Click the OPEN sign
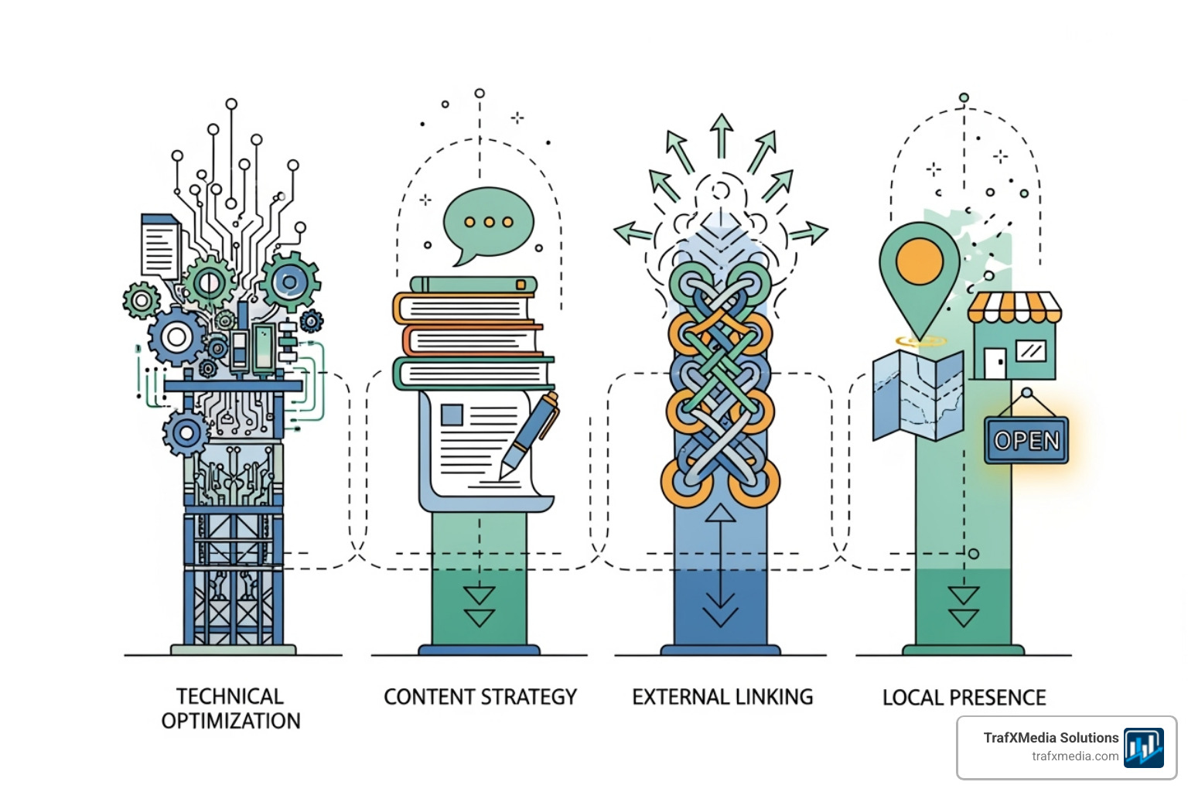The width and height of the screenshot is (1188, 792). (1026, 441)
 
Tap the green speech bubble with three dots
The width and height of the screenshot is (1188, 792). (488, 222)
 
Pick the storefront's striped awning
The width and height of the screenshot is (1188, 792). (1014, 307)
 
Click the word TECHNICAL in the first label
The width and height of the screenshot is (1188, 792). (230, 696)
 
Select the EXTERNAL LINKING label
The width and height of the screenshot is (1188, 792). (722, 697)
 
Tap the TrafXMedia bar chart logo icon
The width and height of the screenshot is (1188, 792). (1143, 748)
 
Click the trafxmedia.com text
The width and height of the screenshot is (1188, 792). (1075, 756)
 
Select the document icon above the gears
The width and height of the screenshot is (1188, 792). (160, 246)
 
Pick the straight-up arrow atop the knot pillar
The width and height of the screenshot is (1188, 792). (722, 135)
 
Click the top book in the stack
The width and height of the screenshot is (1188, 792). (473, 285)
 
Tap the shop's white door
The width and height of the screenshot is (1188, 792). (995, 363)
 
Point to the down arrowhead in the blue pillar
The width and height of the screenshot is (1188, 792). (720, 615)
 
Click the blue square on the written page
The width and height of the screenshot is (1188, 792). (452, 415)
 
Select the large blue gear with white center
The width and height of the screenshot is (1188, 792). (177, 336)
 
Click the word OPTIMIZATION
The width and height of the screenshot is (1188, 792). (230, 721)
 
